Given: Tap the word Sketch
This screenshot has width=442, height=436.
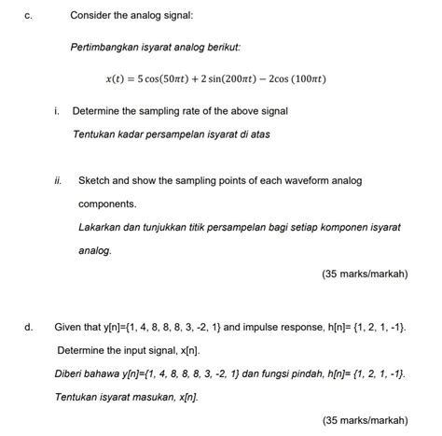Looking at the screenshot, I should tap(96, 180).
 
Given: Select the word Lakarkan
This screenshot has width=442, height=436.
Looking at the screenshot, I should tap(103, 227).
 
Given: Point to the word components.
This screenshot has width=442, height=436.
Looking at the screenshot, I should tap(107, 204).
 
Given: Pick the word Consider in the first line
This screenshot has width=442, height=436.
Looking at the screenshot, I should tap(92, 16).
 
